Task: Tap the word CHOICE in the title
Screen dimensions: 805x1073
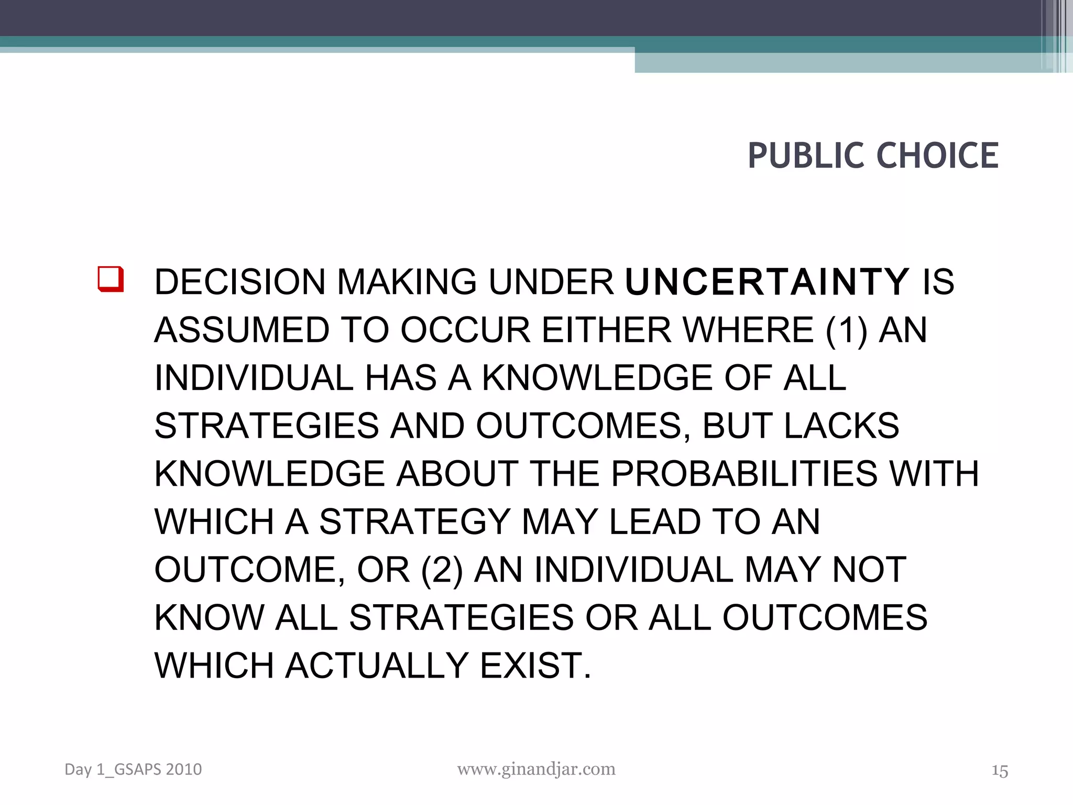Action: click(937, 156)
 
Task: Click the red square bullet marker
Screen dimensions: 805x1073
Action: click(111, 279)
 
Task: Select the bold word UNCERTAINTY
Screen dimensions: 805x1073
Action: click(767, 282)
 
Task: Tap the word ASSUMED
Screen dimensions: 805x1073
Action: click(242, 330)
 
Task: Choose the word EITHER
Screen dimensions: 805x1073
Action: click(606, 330)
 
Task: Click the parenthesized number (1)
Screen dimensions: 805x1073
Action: click(846, 331)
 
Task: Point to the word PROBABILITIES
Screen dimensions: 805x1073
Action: click(744, 474)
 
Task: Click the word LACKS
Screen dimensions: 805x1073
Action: click(841, 426)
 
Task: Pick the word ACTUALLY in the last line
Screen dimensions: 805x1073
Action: click(377, 666)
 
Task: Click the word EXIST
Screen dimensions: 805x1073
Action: click(535, 666)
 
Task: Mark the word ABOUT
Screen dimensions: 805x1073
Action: click(457, 474)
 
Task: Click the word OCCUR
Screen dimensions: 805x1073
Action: click(465, 330)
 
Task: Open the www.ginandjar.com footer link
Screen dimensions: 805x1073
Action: click(536, 769)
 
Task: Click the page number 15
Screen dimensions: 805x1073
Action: click(1000, 771)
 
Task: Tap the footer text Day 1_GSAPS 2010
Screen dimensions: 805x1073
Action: click(133, 769)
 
